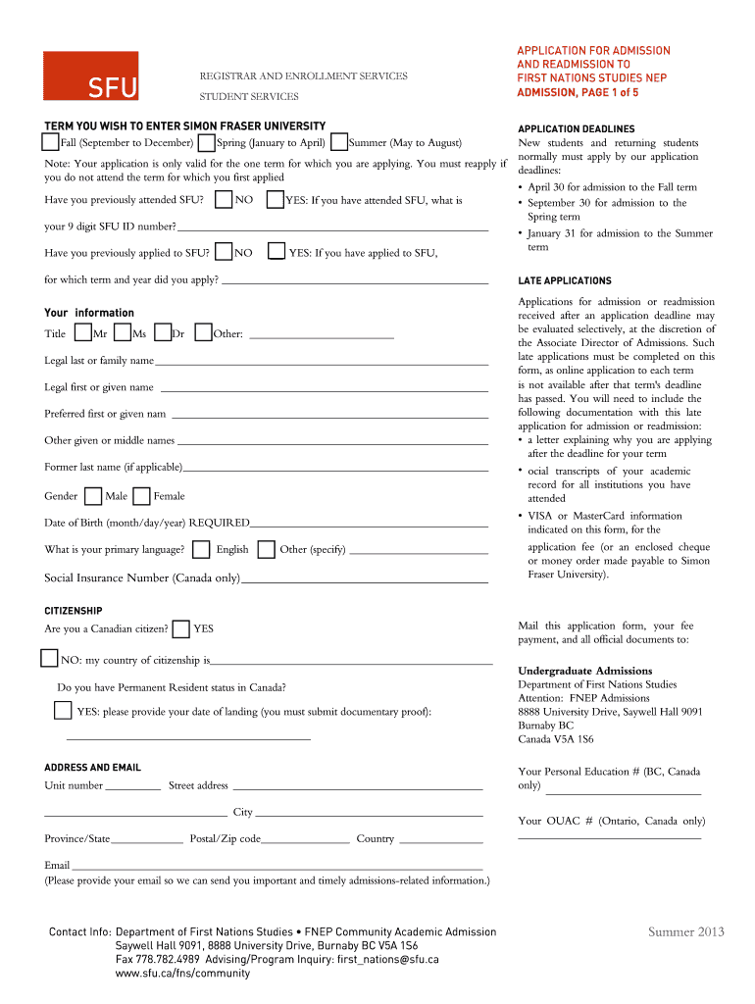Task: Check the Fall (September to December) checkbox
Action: [x=52, y=142]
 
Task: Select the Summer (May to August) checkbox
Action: [x=339, y=142]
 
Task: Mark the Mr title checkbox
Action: [x=83, y=333]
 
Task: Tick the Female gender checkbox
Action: [x=142, y=495]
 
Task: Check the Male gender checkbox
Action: [x=93, y=495]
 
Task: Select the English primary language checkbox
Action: [x=201, y=549]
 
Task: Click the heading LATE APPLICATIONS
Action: [x=564, y=281]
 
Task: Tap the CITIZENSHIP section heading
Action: [x=74, y=611]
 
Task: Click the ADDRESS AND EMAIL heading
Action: [x=92, y=768]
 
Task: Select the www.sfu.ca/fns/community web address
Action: [x=182, y=974]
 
